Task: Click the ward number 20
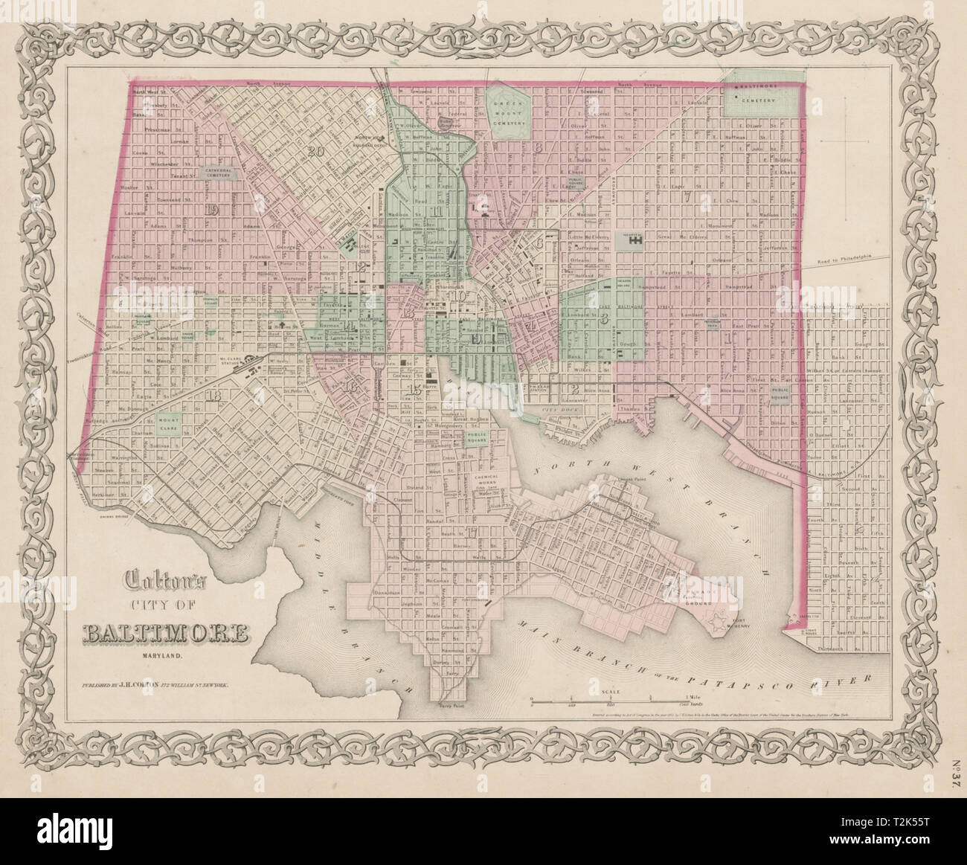(315, 152)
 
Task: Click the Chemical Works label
(489, 477)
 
